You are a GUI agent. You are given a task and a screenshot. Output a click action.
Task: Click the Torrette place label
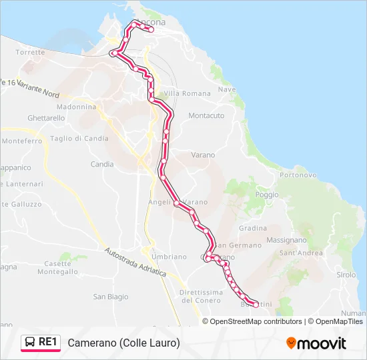pyautogui.click(x=30, y=52)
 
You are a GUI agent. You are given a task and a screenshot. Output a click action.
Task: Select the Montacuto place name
pyautogui.click(x=206, y=115)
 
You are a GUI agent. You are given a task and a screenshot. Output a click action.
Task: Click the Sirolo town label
pyautogui.click(x=346, y=275)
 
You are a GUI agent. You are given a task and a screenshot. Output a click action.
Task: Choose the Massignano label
pyautogui.click(x=286, y=239)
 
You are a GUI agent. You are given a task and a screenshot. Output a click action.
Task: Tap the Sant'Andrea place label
pyautogui.click(x=301, y=253)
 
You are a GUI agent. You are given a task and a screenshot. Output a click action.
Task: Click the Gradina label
pyautogui.click(x=253, y=227)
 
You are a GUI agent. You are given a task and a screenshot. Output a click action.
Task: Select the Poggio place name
pyautogui.click(x=267, y=195)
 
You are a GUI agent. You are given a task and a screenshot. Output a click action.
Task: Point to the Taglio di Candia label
pyautogui.click(x=79, y=139)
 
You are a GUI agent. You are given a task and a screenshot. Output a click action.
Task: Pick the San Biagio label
pyautogui.click(x=110, y=297)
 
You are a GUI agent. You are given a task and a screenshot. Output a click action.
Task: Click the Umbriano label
pyautogui.click(x=169, y=257)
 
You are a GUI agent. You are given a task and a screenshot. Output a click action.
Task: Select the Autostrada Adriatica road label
pyautogui.click(x=135, y=263)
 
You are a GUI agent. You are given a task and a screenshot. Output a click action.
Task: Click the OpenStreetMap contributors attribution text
pyautogui.click(x=256, y=321)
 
